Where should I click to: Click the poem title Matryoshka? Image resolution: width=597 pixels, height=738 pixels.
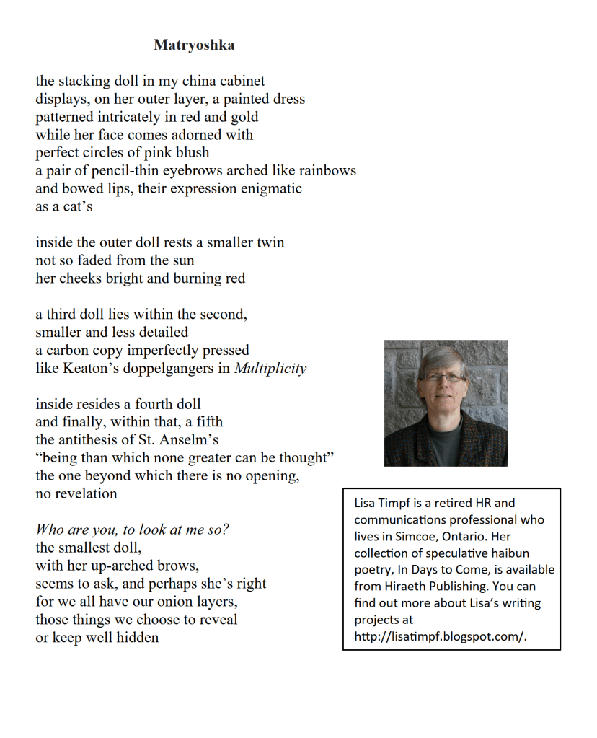click(x=194, y=45)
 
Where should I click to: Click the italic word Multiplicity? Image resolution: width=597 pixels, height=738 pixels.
click(x=270, y=369)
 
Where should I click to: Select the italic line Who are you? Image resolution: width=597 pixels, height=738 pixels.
click(x=132, y=530)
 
